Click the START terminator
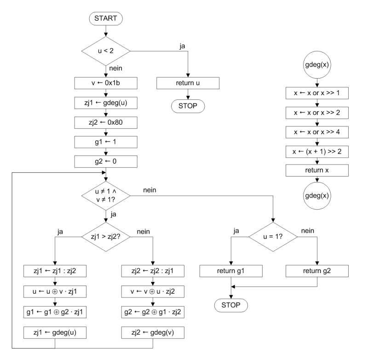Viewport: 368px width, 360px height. [x=106, y=19]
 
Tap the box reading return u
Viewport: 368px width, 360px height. [x=188, y=83]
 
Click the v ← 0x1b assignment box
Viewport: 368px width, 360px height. [x=106, y=83]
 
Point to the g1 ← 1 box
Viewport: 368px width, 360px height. [x=106, y=142]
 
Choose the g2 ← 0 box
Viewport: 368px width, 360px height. [x=106, y=161]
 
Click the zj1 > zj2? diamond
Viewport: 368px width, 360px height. [x=106, y=237]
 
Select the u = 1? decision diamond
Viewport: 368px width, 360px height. [x=274, y=237]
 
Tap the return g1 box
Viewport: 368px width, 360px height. [x=231, y=271]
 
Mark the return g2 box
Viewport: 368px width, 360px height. [x=317, y=271]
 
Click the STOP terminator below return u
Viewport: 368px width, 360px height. [x=188, y=105]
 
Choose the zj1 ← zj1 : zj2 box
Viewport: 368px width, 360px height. [x=55, y=271]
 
